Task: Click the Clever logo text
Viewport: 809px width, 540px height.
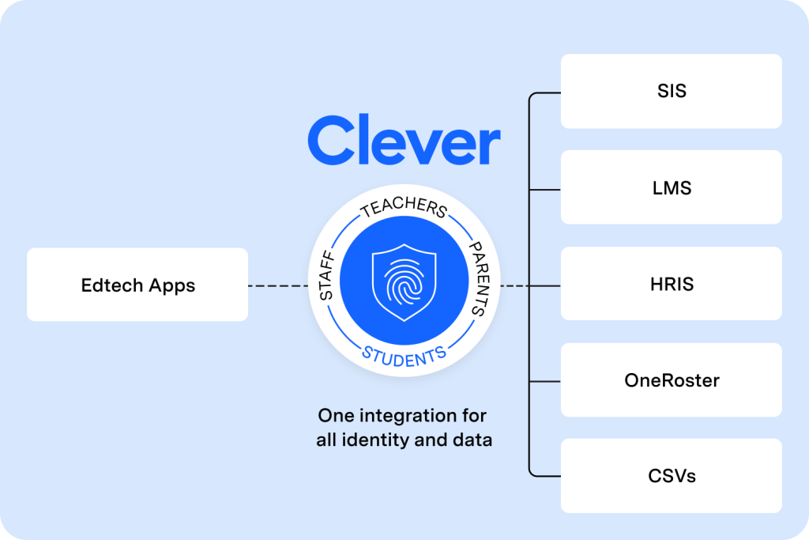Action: pyautogui.click(x=404, y=141)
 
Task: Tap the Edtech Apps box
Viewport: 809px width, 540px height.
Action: pyautogui.click(x=137, y=285)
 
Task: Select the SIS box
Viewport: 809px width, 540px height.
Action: pyautogui.click(x=671, y=91)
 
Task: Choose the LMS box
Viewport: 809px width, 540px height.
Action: pyautogui.click(x=671, y=187)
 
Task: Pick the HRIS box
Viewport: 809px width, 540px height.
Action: pyautogui.click(x=671, y=284)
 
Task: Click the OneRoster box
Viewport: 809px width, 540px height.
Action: pyautogui.click(x=671, y=380)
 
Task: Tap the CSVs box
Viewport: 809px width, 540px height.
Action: pyautogui.click(x=671, y=476)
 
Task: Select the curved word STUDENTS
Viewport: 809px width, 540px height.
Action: pyautogui.click(x=404, y=355)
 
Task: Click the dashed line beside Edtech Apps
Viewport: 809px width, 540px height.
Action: pyautogui.click(x=277, y=285)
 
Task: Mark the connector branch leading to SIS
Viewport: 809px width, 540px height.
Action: pyautogui.click(x=545, y=93)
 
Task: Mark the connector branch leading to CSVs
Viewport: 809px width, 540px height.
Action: pyautogui.click(x=545, y=476)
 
